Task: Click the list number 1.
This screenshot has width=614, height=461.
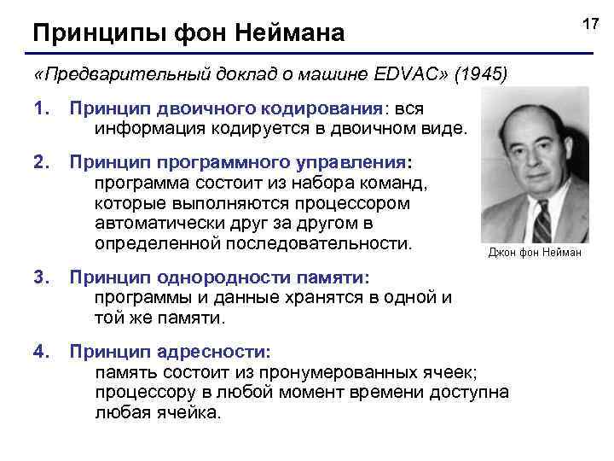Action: click(x=39, y=109)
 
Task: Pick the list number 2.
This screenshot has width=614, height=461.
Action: click(x=39, y=163)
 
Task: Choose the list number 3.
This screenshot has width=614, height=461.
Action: click(x=39, y=277)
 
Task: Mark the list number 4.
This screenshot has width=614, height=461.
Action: click(x=39, y=352)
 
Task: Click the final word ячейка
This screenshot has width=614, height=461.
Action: click(x=187, y=413)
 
